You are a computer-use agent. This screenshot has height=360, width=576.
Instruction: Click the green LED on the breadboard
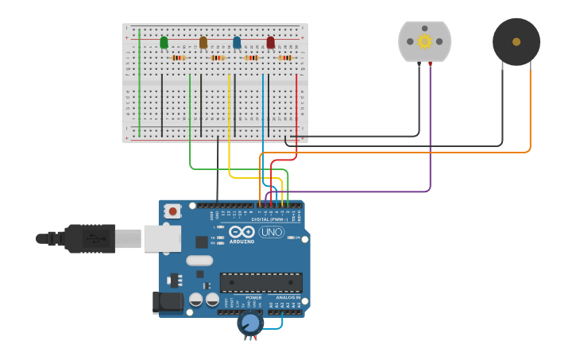[164, 42]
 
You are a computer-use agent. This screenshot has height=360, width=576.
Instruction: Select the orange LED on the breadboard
[203, 42]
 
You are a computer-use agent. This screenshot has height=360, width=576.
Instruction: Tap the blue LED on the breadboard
[237, 42]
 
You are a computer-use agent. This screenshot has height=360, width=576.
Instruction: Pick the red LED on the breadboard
[271, 42]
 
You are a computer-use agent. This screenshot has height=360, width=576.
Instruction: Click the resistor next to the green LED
[178, 57]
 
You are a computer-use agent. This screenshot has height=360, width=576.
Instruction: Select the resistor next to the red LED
[285, 57]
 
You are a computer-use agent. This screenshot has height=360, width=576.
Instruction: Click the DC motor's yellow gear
[424, 41]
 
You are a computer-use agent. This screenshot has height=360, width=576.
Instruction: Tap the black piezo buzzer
[516, 41]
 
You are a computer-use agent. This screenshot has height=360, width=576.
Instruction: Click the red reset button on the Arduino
[172, 211]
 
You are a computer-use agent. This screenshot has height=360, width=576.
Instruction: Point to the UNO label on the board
[271, 232]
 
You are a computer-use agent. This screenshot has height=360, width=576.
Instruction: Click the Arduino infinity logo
[241, 231]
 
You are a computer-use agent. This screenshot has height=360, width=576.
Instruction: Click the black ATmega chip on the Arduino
[261, 282]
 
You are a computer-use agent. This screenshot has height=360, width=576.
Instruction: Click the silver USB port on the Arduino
[162, 238]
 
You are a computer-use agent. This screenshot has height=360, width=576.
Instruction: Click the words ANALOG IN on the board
[287, 297]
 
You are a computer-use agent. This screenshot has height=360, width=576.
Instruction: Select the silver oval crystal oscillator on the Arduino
[199, 261]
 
